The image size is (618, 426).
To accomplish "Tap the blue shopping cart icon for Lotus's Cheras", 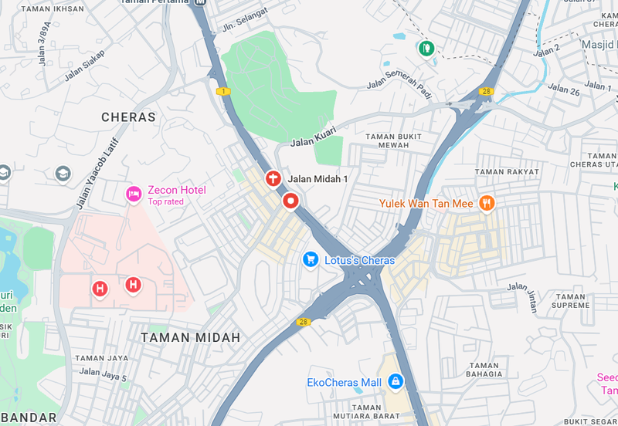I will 311,259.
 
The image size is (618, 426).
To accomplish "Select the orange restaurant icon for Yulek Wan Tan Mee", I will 487,203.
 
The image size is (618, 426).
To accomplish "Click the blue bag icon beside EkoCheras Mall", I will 396,380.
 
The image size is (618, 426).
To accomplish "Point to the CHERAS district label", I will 128,117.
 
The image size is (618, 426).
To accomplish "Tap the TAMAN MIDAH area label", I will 191,337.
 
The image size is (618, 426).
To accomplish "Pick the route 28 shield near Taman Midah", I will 303,322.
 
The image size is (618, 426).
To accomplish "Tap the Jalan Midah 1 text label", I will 318,179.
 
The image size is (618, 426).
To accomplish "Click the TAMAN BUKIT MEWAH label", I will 393,140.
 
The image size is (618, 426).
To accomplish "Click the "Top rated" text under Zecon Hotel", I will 166,202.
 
